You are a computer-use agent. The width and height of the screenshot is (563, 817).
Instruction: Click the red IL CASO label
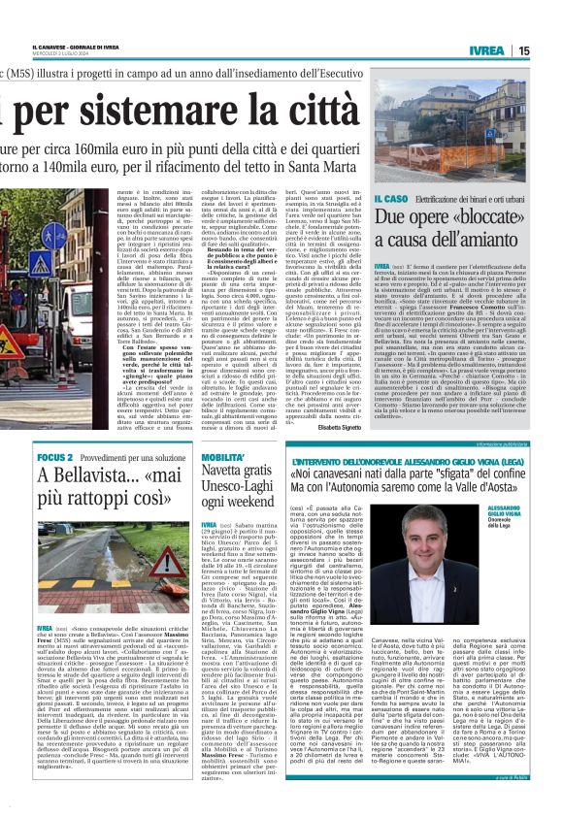(x=391, y=198)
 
